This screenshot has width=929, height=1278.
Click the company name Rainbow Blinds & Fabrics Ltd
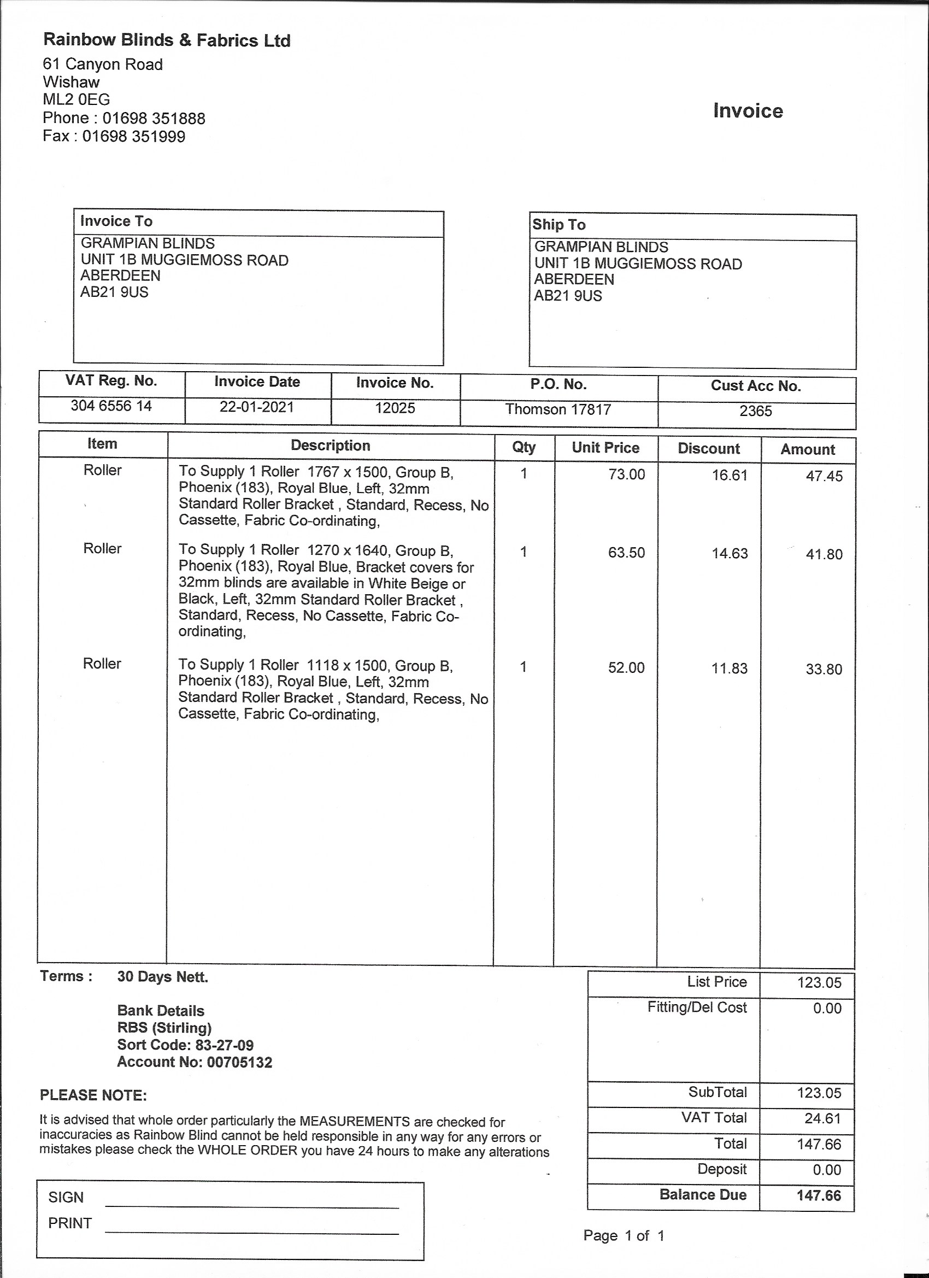[x=167, y=40]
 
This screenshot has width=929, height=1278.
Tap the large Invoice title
[x=748, y=111]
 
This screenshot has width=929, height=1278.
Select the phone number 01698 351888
[x=153, y=118]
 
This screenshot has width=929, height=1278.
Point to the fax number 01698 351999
[x=133, y=136]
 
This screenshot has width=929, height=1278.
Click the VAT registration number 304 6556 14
[x=111, y=406]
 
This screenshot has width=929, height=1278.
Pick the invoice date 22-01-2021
[x=257, y=407]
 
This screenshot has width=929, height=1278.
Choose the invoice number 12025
[x=395, y=408]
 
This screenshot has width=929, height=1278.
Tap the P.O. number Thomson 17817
[x=558, y=409]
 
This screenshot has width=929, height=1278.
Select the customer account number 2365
[x=755, y=411]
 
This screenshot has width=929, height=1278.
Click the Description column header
[x=330, y=445]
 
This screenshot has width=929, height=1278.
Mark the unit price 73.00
[x=626, y=474]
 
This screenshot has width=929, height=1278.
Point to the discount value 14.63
[x=729, y=553]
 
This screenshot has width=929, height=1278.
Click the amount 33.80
[x=824, y=670]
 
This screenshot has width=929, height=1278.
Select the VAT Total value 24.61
[x=822, y=1118]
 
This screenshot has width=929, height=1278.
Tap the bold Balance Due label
[x=703, y=1195]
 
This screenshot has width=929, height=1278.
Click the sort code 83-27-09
[x=224, y=1045]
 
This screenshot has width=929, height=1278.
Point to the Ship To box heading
[x=559, y=225]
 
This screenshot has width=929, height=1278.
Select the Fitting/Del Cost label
[x=696, y=1007]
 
